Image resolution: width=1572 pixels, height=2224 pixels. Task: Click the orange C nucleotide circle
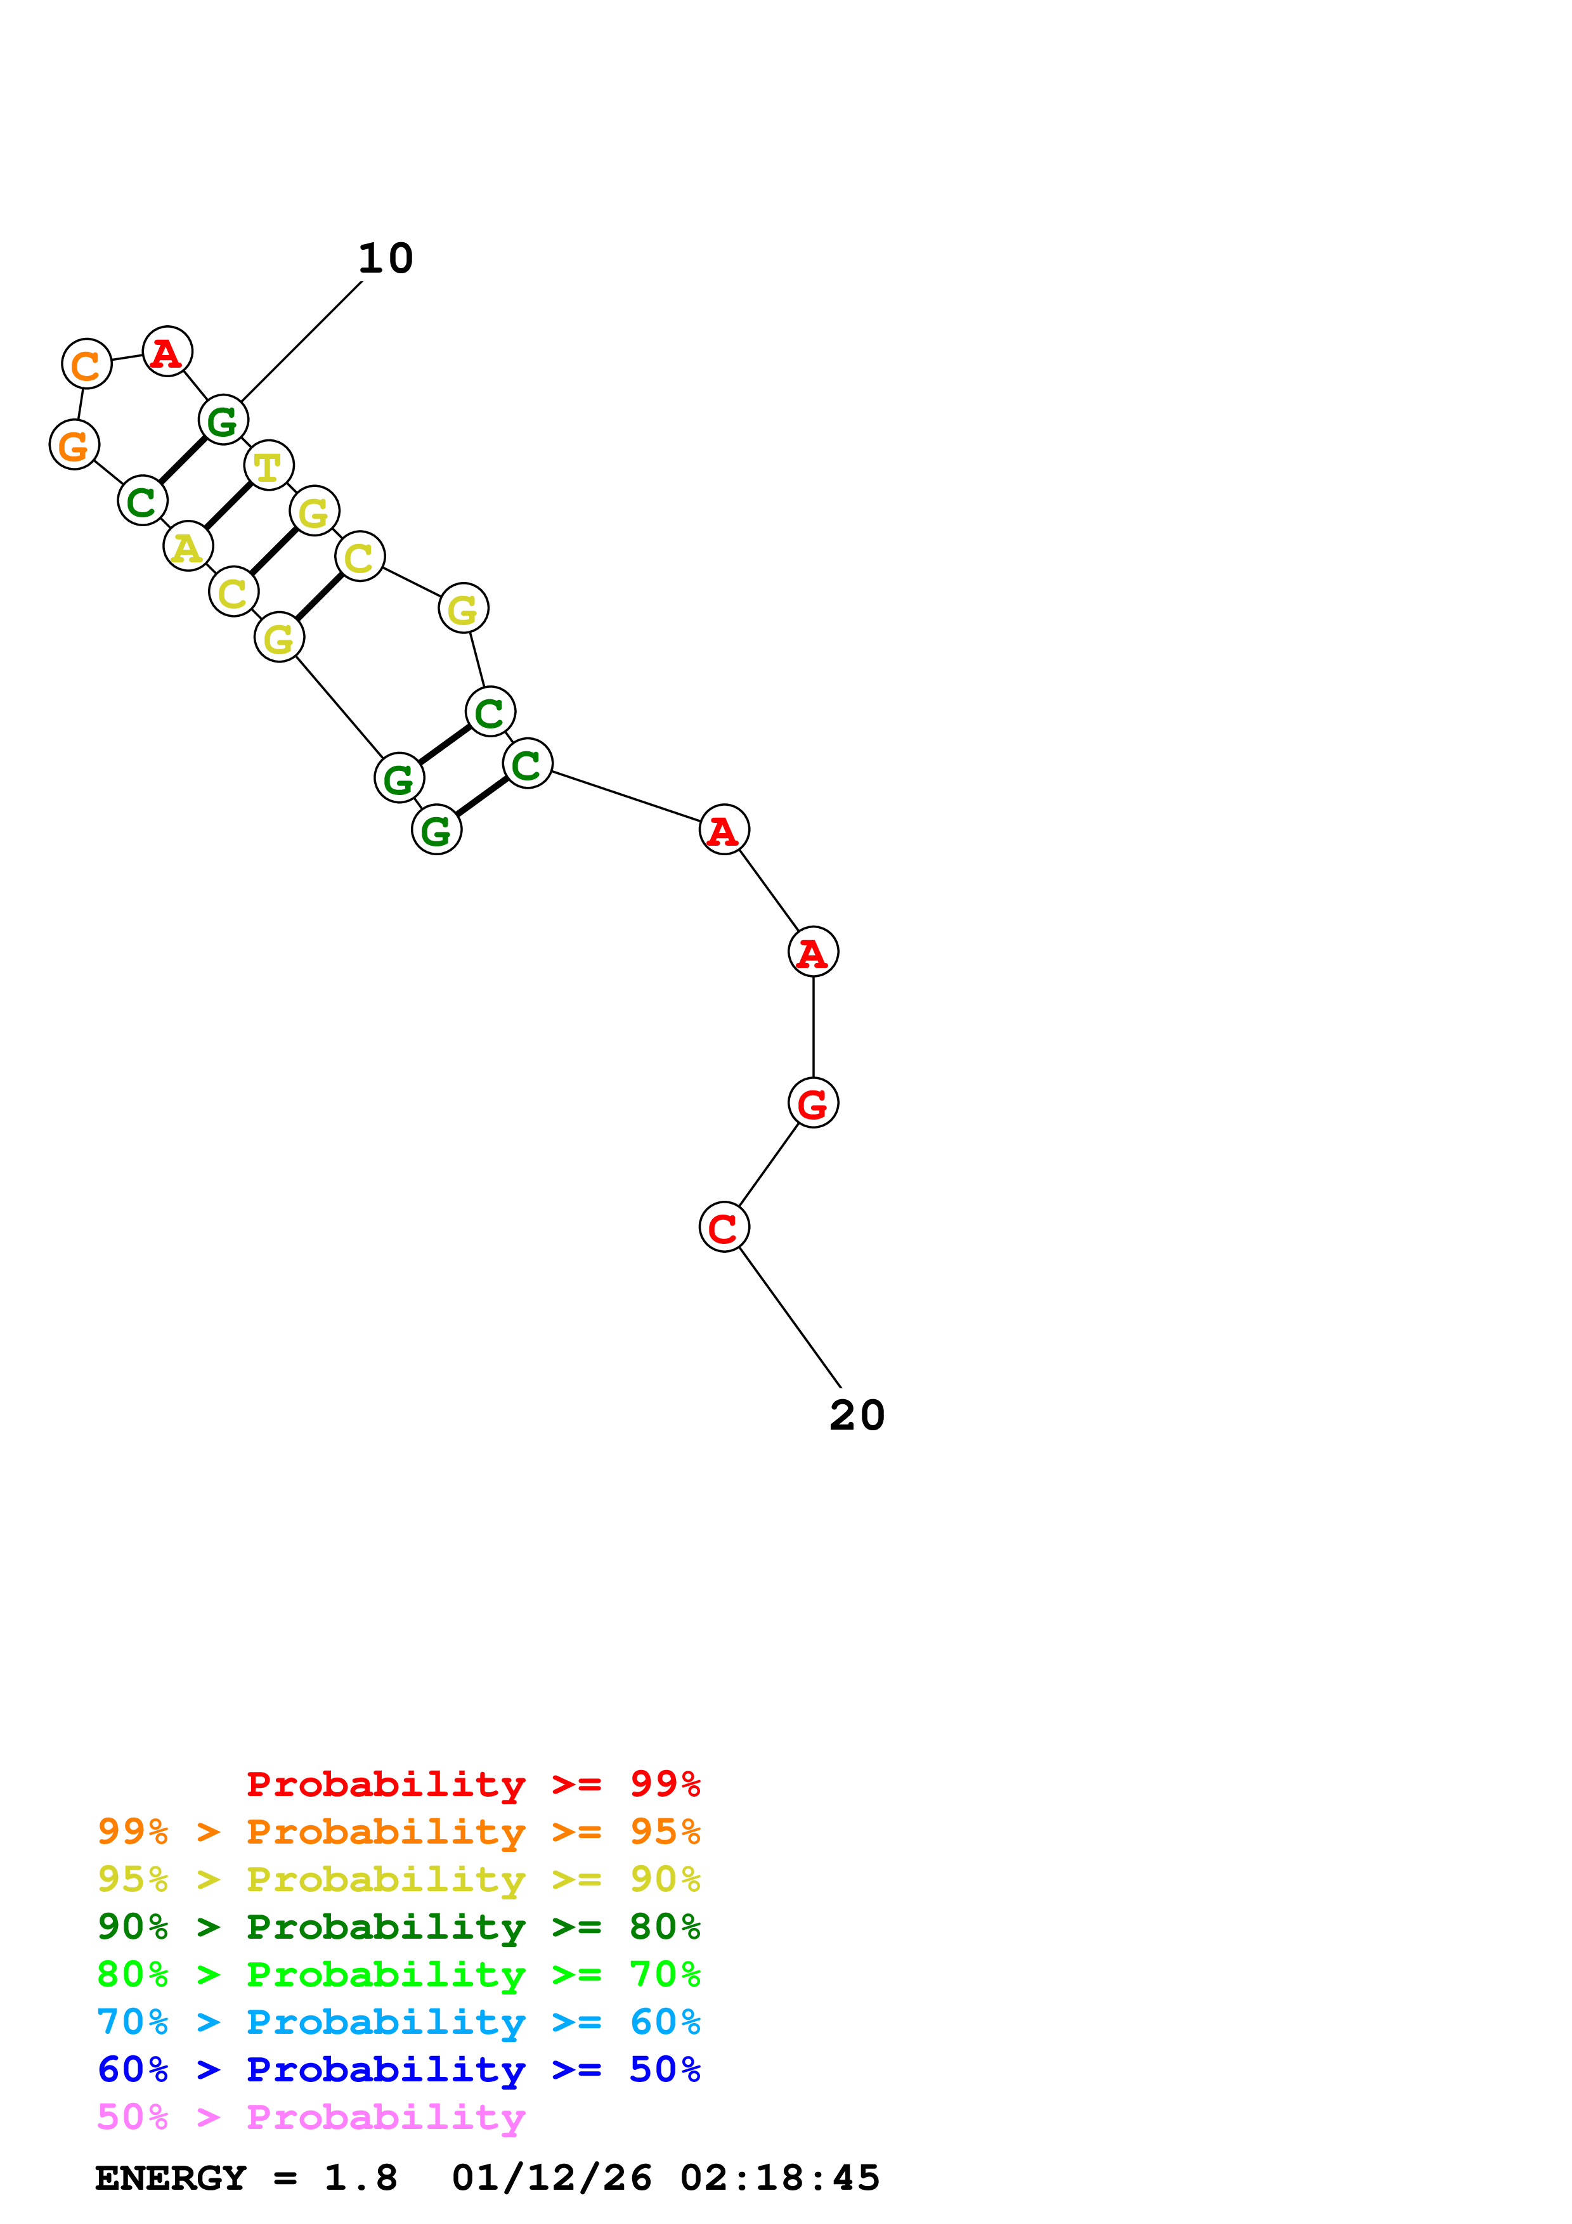[x=86, y=364]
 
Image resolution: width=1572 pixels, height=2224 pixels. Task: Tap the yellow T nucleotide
[x=268, y=466]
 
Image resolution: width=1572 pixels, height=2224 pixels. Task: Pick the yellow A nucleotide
[x=188, y=546]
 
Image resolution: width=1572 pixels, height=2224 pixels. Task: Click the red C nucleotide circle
[x=724, y=1227]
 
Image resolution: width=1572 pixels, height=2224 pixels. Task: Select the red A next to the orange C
[x=167, y=352]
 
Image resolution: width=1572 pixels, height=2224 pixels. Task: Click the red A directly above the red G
[x=813, y=952]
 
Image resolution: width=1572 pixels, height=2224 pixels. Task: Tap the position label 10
[x=386, y=259]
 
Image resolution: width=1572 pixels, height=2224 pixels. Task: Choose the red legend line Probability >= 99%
[x=472, y=1784]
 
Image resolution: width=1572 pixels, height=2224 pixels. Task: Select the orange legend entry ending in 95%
[x=398, y=1832]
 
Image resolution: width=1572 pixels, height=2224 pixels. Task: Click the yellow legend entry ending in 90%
[x=398, y=1879]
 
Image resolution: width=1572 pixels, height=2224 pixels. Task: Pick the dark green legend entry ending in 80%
[x=398, y=1927]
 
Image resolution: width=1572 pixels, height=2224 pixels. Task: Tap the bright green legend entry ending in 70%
[x=398, y=1974]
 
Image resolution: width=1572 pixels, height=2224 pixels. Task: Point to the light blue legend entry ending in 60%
[x=398, y=2022]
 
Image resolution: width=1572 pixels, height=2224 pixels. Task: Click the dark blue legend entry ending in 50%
[x=398, y=2069]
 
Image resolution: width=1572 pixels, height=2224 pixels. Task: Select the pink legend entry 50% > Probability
[x=311, y=2116]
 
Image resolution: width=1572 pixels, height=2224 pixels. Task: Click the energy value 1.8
[x=360, y=2178]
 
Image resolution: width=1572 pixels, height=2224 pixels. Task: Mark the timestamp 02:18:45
[x=780, y=2178]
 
